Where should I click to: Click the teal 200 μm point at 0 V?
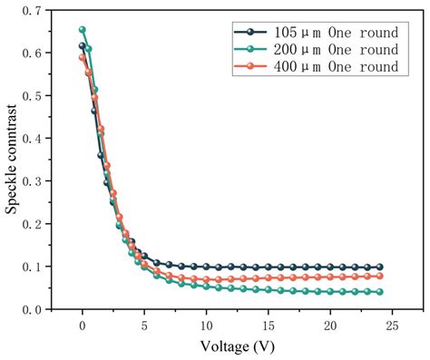tap(83, 30)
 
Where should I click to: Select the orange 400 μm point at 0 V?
tap(83, 57)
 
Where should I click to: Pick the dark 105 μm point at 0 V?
tap(83, 45)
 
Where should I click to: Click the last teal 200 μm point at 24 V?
tap(379, 292)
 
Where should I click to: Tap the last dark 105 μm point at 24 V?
tap(379, 268)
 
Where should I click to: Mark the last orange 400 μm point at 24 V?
tap(379, 276)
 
